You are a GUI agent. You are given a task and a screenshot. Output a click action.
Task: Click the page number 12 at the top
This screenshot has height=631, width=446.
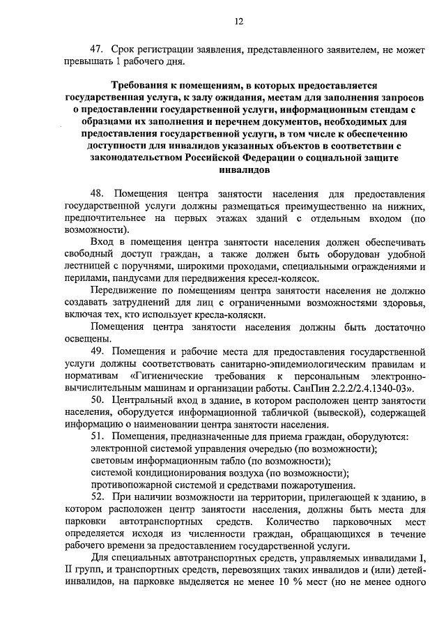click(238, 22)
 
